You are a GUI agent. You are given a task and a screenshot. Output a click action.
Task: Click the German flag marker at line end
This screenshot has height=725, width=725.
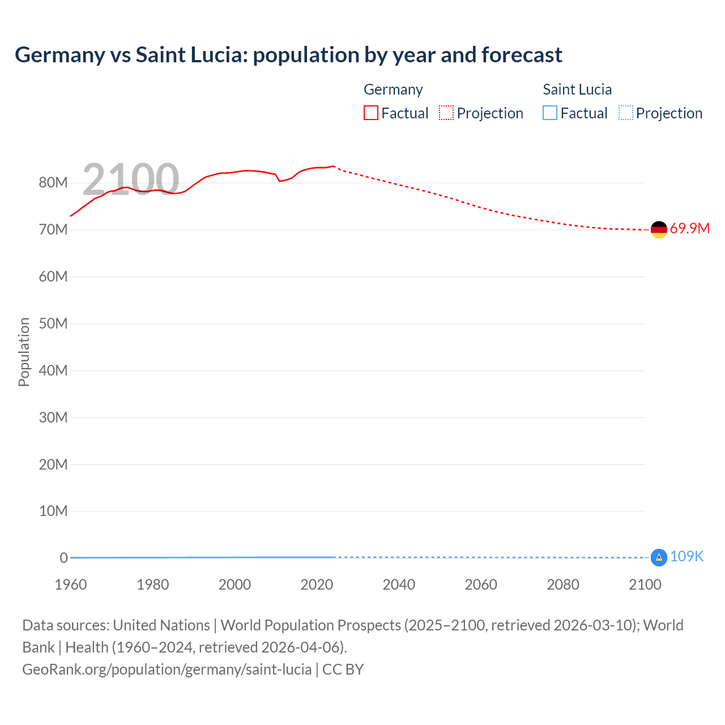(659, 229)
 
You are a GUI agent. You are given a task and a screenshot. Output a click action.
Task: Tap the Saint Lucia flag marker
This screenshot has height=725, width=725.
(659, 557)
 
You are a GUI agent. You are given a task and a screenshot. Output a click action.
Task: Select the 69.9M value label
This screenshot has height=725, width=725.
(689, 229)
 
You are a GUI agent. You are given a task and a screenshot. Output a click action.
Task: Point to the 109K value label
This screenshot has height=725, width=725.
(686, 557)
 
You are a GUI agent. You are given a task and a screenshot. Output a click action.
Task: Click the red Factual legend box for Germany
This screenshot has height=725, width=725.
(370, 113)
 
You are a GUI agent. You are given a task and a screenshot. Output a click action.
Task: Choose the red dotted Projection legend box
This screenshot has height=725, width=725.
(446, 113)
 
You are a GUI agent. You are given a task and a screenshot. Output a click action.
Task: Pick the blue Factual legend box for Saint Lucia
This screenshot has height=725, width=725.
(550, 113)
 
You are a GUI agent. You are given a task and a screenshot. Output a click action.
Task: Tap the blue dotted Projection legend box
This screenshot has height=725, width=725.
(626, 113)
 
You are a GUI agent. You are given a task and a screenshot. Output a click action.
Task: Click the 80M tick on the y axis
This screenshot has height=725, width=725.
(53, 183)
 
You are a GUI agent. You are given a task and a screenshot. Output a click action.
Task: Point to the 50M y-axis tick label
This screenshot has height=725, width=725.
(53, 324)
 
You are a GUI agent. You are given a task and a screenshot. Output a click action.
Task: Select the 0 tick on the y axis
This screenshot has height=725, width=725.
(63, 558)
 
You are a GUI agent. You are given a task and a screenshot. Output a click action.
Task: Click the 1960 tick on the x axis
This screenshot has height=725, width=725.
(71, 585)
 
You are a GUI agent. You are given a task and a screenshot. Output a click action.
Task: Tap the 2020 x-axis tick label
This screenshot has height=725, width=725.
(317, 585)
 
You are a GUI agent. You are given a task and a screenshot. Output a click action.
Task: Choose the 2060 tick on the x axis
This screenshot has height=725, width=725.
(481, 585)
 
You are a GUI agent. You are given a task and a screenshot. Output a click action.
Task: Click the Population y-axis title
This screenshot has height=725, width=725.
(24, 352)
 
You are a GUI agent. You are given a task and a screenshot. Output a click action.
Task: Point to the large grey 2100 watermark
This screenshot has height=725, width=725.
(131, 180)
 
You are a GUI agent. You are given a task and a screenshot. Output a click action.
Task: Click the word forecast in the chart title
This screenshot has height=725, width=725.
(522, 55)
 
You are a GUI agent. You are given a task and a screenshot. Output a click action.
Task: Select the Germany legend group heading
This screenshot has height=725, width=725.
(393, 89)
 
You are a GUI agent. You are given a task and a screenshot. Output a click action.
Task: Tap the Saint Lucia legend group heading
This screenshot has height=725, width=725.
(577, 89)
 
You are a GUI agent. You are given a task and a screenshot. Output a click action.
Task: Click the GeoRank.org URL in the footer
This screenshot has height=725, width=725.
(167, 669)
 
